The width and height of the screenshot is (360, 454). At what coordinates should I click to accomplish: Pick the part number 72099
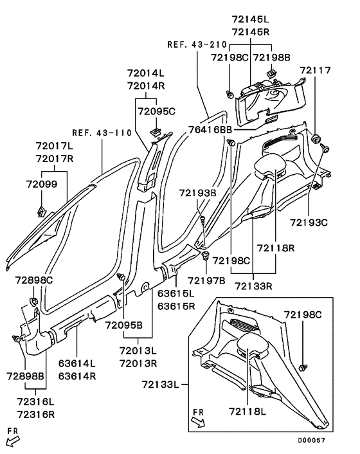41,184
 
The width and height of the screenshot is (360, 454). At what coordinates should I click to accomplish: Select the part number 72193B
198,192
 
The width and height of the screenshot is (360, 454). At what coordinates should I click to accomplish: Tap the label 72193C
309,222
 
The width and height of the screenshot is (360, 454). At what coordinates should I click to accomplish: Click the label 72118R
276,248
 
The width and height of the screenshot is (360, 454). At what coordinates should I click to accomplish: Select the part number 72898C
35,281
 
